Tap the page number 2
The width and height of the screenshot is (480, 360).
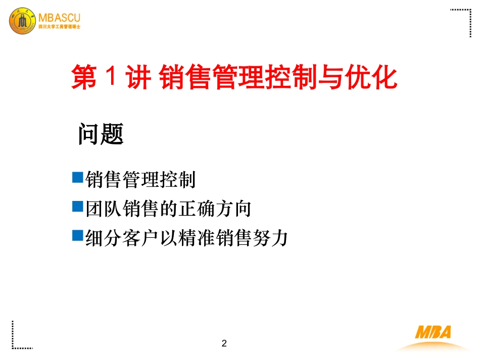224,344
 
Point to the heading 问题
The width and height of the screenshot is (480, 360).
101,134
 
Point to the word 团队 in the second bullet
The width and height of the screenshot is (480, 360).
102,208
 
